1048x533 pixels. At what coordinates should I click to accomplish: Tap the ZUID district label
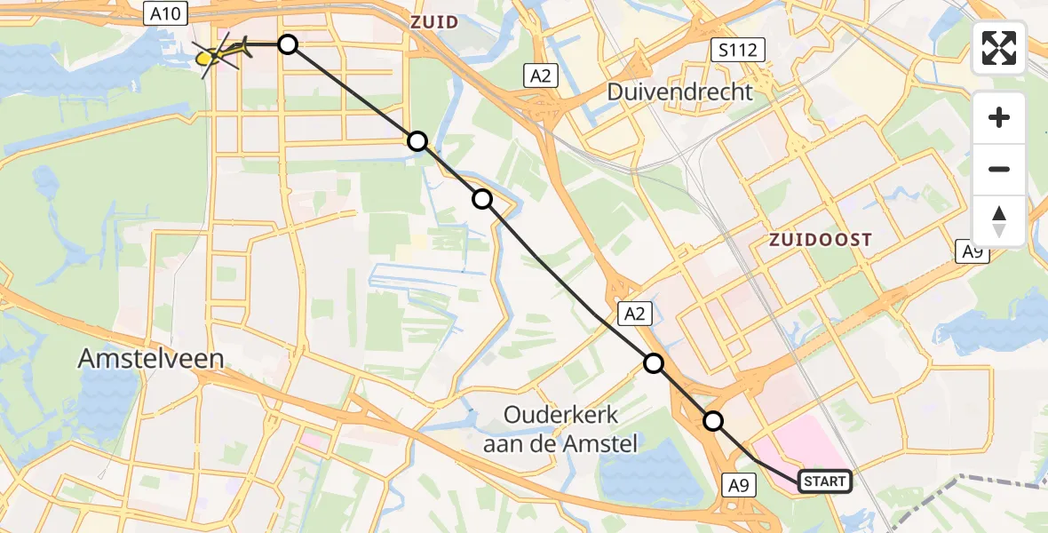pos(434,21)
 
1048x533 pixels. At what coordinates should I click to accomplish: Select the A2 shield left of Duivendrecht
pos(540,76)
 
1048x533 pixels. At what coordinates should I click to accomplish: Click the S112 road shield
pos(739,50)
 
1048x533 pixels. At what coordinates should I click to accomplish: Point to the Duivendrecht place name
pos(679,91)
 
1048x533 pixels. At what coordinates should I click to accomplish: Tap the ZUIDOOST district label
pos(820,240)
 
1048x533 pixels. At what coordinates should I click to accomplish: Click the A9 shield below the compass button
pos(974,252)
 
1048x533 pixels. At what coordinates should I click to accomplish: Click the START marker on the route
pos(824,481)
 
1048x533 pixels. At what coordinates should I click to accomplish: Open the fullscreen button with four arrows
pos(999,48)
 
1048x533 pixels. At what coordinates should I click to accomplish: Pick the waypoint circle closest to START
pos(712,421)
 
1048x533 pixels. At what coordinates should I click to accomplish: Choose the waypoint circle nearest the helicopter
pos(288,44)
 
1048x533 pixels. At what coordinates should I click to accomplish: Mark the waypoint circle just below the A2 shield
pos(654,362)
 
